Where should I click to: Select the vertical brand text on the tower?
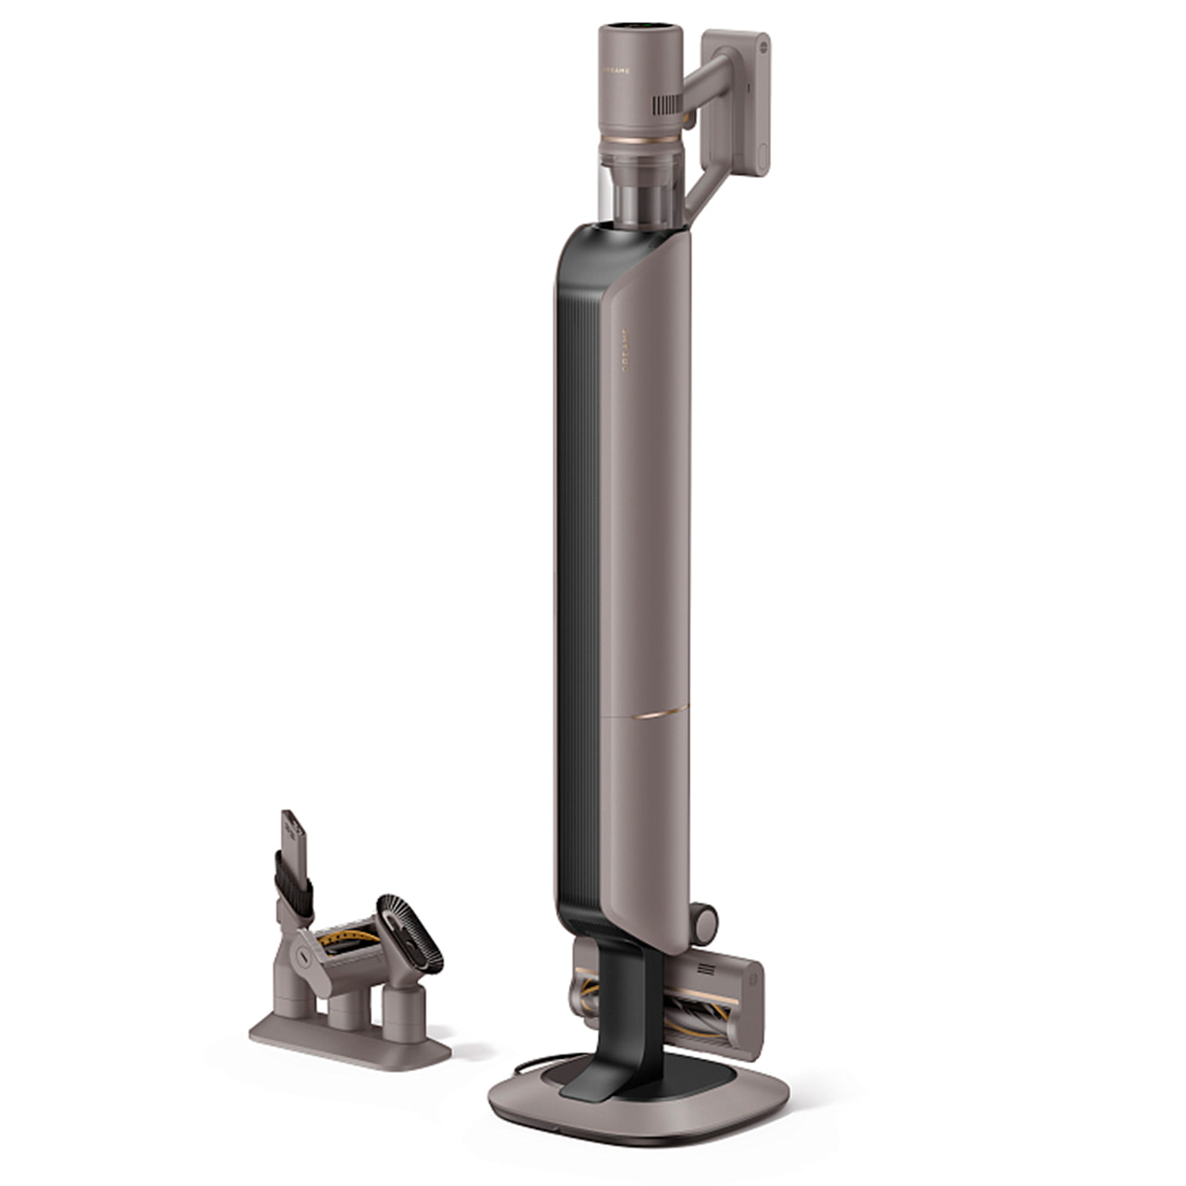[x=622, y=348]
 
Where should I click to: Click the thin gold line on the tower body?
[x=657, y=714]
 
